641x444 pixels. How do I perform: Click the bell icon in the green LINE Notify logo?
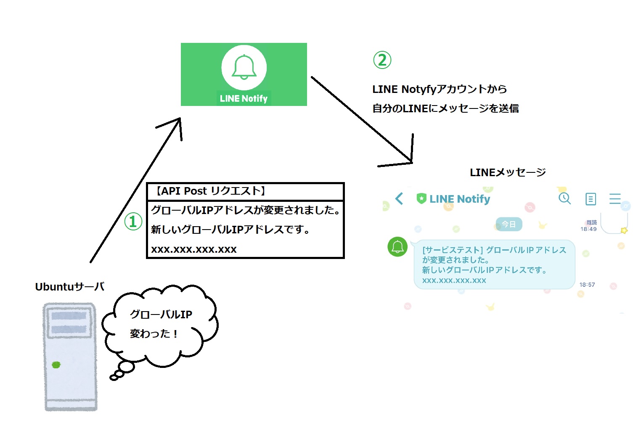(x=244, y=67)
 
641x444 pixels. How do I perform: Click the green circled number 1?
(x=133, y=221)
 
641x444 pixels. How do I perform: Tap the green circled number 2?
(x=382, y=60)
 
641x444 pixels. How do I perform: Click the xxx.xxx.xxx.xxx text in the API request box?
(x=194, y=249)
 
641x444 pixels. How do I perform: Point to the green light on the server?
(x=56, y=365)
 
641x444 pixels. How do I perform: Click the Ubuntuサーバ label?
(x=70, y=287)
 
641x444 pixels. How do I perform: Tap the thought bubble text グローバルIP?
(x=161, y=314)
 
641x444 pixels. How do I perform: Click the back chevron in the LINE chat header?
(x=399, y=198)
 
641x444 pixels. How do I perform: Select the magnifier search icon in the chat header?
(x=564, y=198)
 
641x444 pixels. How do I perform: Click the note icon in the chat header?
(x=591, y=199)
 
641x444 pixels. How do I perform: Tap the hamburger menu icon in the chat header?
(x=615, y=198)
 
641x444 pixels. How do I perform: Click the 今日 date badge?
(x=509, y=224)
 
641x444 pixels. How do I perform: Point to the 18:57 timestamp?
(x=587, y=285)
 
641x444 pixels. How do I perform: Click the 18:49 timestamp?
(x=588, y=229)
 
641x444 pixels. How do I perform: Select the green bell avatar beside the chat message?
(x=397, y=247)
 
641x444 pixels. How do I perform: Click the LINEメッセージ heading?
(x=508, y=172)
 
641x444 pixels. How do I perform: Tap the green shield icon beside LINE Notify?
(x=421, y=198)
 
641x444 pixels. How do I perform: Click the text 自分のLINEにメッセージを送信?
(x=445, y=108)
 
